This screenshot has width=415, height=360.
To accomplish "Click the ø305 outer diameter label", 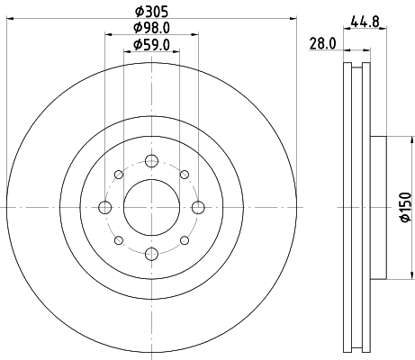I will pyautogui.click(x=150, y=12).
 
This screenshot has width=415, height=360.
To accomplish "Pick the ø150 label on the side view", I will pyautogui.click(x=404, y=208).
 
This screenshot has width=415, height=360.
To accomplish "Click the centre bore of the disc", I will pyautogui.click(x=150, y=208).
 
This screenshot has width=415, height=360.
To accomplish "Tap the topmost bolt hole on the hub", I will pyautogui.click(x=150, y=162).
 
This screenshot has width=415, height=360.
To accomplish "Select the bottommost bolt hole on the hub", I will pyautogui.click(x=150, y=255).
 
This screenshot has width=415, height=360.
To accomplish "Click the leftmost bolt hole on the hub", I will pyautogui.click(x=104, y=208).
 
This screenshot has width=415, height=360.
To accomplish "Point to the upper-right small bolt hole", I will pyautogui.click(x=184, y=175).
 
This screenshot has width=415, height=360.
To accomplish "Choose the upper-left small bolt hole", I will pyautogui.click(x=118, y=175).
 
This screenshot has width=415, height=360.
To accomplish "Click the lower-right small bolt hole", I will pyautogui.click(x=184, y=241).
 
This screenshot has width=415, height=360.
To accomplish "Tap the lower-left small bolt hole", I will pyautogui.click(x=118, y=241).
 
